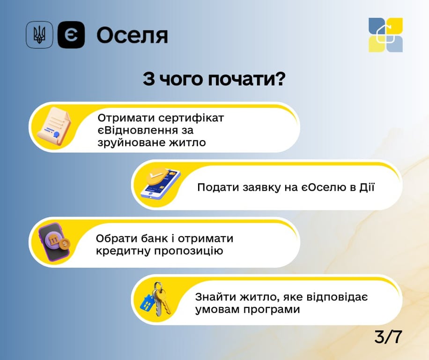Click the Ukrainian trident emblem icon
(39, 35)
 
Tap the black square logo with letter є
(71, 35)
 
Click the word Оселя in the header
(132, 36)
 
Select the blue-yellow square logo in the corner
(385, 35)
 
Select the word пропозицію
(192, 251)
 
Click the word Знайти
(214, 297)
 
